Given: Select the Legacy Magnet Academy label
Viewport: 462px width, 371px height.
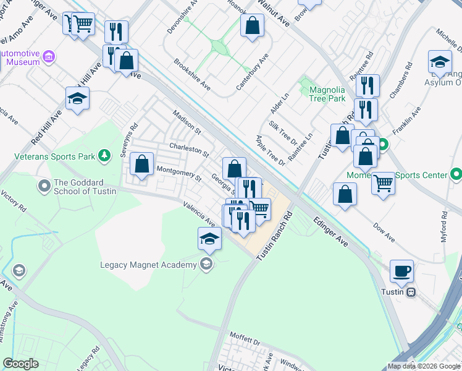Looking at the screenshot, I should pos(148,265).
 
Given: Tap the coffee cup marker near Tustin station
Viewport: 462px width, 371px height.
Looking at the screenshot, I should pos(401,270).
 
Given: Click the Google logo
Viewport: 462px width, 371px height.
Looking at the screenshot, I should pos(21,364).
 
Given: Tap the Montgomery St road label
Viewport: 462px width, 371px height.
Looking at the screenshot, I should pos(179,174).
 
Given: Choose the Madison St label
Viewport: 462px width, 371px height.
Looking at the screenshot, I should pos(187,124).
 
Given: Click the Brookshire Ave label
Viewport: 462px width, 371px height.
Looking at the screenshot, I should pos(192,75).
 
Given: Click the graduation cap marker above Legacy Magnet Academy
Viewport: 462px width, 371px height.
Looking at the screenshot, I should pos(210,239).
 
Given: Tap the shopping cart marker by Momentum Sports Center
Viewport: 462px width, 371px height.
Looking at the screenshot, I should pos(384,182).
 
